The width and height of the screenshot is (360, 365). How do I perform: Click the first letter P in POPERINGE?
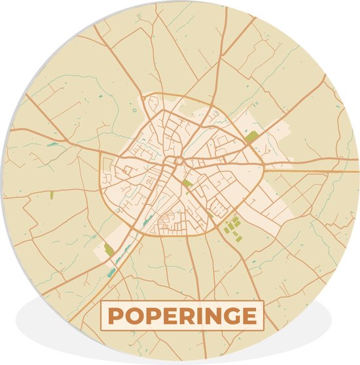pos(115,317)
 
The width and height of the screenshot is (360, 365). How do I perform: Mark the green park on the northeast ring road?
pos(252,137)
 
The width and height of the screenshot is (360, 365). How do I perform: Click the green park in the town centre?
pos(187,184)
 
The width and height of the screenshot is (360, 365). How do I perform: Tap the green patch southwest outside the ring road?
pos(109,249)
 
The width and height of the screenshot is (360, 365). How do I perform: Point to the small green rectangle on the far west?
pos(51,194)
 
